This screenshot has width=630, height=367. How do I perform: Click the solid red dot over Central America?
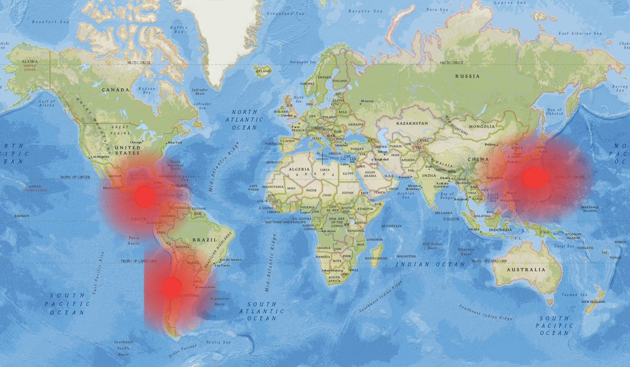145,197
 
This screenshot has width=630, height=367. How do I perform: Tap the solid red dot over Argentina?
171,287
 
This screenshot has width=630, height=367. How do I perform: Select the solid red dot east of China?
535,178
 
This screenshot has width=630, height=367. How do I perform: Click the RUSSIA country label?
467,77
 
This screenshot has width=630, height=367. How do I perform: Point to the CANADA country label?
115,90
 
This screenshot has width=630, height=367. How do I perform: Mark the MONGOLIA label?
481,126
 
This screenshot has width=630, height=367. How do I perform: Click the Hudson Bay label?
146,91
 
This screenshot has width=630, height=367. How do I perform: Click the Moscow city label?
367,101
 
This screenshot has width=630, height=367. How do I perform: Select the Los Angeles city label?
99,157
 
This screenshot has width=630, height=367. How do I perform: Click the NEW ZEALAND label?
593,303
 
